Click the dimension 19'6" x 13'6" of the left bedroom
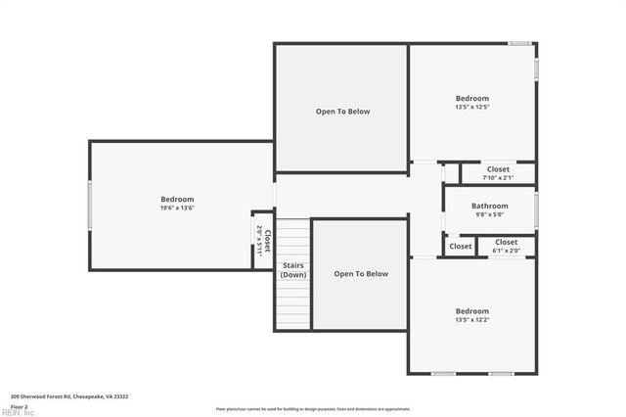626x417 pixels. (177, 208)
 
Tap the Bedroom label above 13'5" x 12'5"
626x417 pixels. (471, 98)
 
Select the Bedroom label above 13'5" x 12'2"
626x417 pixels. (471, 311)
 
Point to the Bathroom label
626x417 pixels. (489, 206)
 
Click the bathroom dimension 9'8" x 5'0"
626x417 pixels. (489, 214)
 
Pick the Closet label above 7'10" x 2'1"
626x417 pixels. (498, 169)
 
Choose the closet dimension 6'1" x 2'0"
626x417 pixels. (506, 250)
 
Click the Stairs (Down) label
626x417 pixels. (293, 270)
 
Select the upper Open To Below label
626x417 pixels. (342, 112)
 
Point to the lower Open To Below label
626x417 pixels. (361, 274)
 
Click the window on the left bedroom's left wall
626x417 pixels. (90, 206)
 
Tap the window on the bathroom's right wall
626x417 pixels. (536, 209)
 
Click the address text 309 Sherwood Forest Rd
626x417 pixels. (68, 396)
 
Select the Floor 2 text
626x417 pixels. (20, 405)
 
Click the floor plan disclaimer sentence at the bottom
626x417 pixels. (313, 408)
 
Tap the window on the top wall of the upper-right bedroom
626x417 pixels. (519, 43)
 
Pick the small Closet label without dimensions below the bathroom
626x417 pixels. (461, 247)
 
